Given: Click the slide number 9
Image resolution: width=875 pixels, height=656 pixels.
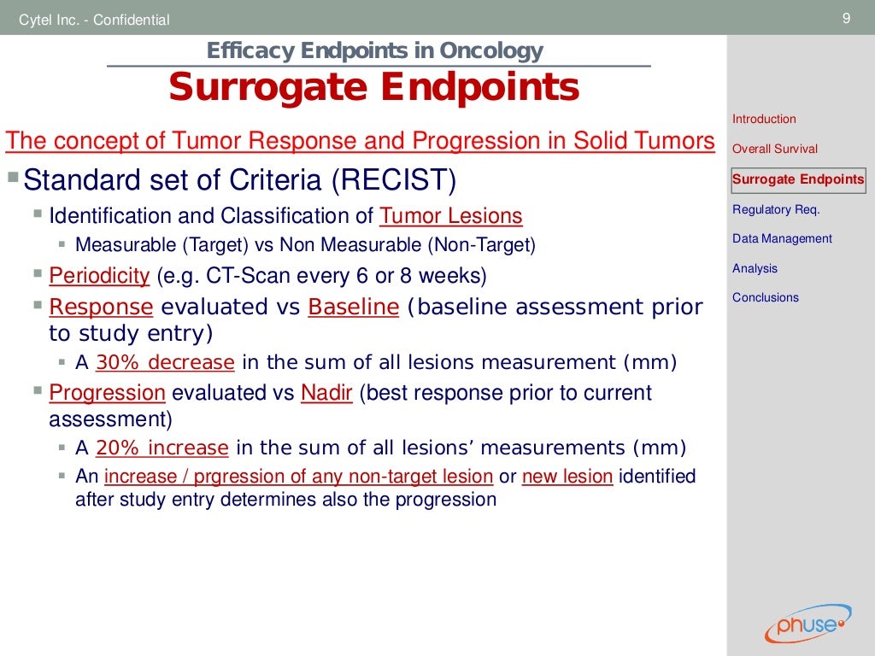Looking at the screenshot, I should coord(846,19).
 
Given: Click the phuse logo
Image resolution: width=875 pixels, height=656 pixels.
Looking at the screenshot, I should coord(807,624).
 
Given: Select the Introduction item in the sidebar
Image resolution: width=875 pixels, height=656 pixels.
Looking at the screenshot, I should coord(764,119).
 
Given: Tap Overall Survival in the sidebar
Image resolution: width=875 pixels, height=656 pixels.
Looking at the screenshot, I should coord(775,149).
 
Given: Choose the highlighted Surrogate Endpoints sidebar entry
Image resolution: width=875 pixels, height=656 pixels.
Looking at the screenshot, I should coord(798,179).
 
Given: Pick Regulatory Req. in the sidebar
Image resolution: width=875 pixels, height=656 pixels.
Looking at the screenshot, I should coord(776,209).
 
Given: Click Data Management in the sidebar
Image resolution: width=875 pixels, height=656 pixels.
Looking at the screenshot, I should coord(782,238).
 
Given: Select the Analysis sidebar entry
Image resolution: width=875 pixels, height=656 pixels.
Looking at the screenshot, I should coord(755,268).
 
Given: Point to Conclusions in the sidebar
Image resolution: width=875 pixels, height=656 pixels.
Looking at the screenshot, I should coord(766,297).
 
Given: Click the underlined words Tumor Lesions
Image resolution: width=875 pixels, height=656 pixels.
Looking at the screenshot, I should coord(450,216).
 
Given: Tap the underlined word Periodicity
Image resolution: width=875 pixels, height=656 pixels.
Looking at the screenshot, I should coord(99,276).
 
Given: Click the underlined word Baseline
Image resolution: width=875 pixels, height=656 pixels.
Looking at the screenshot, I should coord(353,307).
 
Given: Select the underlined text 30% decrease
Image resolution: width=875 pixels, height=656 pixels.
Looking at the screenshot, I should coord(165,362).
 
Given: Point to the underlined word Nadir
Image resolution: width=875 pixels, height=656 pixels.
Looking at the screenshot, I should coord(326,393).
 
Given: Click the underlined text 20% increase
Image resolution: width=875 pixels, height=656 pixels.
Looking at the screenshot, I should coord(162,448).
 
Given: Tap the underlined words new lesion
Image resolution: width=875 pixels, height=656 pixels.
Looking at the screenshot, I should coord(567,477).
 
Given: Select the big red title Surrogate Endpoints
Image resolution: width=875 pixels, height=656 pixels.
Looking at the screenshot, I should coord(373,87).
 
